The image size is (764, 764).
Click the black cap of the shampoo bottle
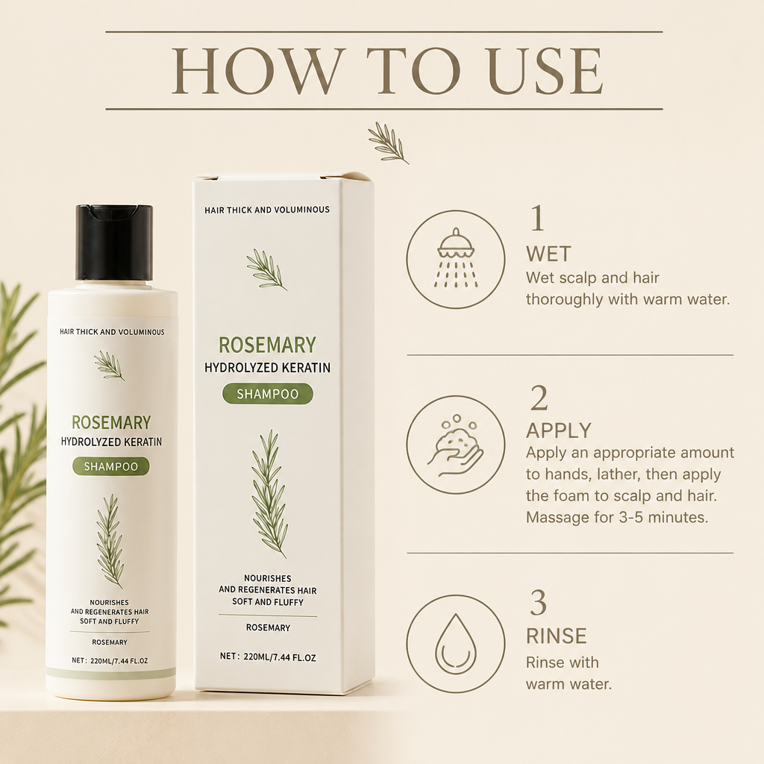tap(114, 242)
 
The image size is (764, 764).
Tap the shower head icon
tap(456, 257)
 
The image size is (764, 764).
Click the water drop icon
tap(456, 643)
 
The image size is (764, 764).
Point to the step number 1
tap(537, 219)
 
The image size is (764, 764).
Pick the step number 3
tap(539, 603)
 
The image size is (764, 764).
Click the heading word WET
tap(548, 254)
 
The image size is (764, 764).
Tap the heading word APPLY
tap(558, 430)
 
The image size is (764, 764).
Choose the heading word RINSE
tap(556, 636)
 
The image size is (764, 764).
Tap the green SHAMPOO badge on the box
tap(268, 394)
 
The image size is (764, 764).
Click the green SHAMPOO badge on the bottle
tap(111, 466)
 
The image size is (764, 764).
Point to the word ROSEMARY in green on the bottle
tap(111, 422)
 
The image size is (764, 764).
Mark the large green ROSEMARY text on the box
tap(268, 345)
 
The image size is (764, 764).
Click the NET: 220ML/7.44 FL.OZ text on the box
tap(268, 657)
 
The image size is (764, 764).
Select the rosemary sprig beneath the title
tap(388, 143)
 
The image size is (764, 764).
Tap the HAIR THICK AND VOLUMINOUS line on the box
tap(267, 210)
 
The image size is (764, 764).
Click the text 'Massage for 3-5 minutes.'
tap(617, 517)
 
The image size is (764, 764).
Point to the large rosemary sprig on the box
tap(269, 493)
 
